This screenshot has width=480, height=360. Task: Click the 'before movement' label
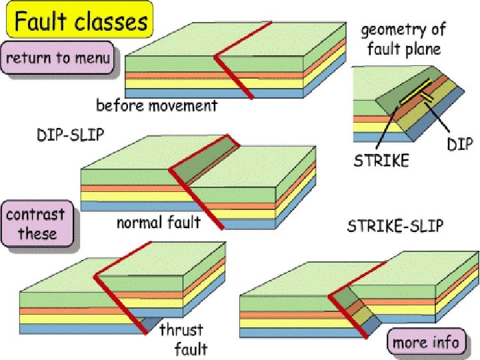coord(157,105)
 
